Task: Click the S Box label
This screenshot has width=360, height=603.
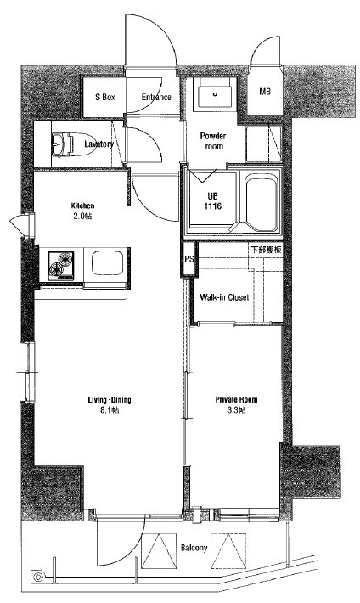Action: click(x=105, y=98)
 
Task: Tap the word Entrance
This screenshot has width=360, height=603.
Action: click(x=156, y=98)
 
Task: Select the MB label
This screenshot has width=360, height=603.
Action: click(x=265, y=92)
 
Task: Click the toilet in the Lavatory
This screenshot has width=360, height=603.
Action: click(x=74, y=144)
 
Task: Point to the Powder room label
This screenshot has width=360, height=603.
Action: click(x=213, y=141)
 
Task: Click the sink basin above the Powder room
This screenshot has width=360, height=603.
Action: click(x=215, y=93)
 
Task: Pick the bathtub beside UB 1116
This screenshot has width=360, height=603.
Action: click(x=262, y=202)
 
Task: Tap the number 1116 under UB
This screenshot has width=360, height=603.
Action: click(x=213, y=206)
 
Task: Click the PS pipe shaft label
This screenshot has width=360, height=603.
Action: click(x=188, y=259)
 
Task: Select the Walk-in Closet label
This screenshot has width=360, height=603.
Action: click(x=224, y=297)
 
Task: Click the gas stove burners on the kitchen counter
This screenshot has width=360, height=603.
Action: click(x=61, y=265)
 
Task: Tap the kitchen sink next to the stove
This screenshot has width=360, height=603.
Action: click(x=107, y=263)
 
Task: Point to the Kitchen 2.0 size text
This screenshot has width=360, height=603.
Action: click(x=82, y=216)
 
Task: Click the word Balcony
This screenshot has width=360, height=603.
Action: click(x=194, y=548)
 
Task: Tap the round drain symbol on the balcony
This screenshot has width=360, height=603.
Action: click(x=37, y=577)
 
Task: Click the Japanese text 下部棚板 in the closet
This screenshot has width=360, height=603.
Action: click(x=267, y=249)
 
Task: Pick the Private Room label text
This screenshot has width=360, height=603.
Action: click(x=237, y=399)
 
